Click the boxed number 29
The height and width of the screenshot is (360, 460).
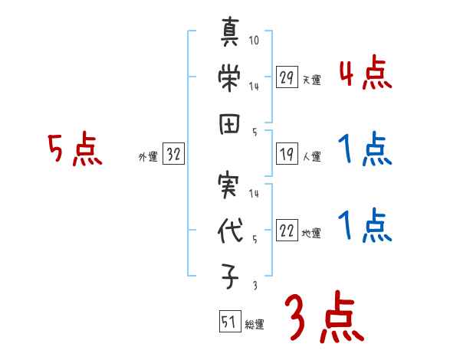click(x=287, y=77)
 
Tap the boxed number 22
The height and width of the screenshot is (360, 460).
click(x=287, y=231)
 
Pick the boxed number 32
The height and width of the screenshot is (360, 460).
click(x=173, y=155)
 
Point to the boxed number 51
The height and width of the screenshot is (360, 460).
click(x=228, y=322)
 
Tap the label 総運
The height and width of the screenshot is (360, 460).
click(x=254, y=325)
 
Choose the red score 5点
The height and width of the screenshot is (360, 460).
click(x=74, y=149)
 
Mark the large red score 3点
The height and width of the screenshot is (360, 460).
click(x=322, y=317)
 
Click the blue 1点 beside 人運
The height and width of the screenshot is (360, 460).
click(x=365, y=149)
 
